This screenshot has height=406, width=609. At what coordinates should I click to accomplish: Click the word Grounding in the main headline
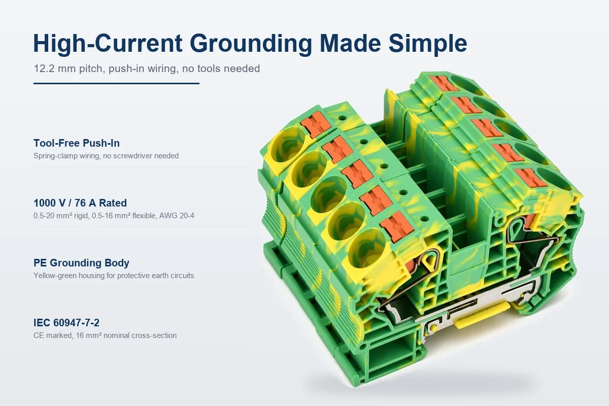point(251,44)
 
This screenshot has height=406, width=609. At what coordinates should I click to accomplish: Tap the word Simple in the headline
point(428,44)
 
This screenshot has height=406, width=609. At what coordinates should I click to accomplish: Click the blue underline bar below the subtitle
point(116,84)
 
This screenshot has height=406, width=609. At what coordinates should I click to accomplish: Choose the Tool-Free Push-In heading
point(77,143)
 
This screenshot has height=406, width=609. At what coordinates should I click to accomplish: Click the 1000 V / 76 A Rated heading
point(80,203)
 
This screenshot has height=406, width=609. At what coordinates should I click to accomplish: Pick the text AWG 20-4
point(177,216)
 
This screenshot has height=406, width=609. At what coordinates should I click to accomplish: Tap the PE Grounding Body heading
point(81,263)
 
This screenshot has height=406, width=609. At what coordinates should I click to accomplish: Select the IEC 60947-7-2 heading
point(66,322)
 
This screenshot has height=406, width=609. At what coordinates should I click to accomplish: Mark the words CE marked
point(53,335)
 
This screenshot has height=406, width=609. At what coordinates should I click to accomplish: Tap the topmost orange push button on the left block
point(316,125)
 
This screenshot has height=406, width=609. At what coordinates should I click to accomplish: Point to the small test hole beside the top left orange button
point(342,118)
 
